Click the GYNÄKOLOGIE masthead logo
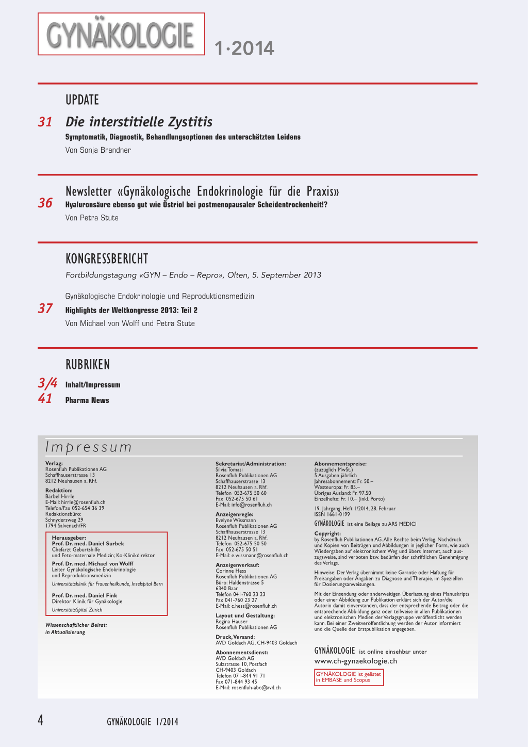(121, 34)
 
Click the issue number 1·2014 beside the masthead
(244, 48)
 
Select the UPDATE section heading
(82, 100)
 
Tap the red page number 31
(45, 122)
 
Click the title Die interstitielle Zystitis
(139, 122)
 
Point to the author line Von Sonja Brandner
(98, 150)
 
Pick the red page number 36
(45, 203)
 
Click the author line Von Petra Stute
(92, 218)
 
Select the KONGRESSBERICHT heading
(107, 258)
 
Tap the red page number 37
(45, 308)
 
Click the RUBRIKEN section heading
(88, 364)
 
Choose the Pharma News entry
(87, 400)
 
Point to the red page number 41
(45, 399)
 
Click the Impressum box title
(89, 447)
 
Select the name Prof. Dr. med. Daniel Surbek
(88, 544)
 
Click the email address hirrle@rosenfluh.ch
(83, 502)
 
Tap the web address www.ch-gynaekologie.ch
(356, 661)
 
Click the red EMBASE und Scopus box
(349, 677)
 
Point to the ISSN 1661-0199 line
(332, 514)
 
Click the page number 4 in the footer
(41, 720)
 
